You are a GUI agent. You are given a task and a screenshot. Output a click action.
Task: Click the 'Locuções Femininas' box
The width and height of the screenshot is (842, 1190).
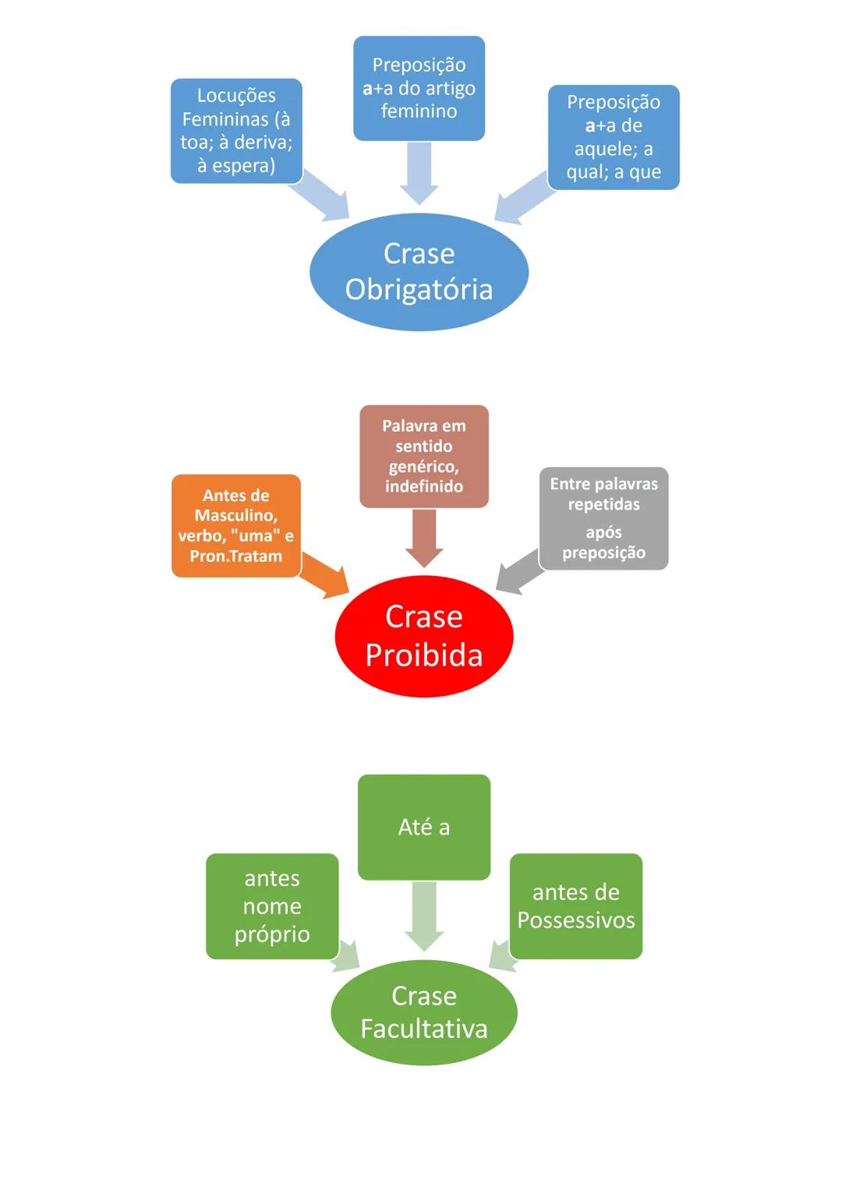pos(236,130)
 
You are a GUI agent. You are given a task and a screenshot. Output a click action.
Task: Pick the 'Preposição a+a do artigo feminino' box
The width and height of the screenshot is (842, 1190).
pos(419,88)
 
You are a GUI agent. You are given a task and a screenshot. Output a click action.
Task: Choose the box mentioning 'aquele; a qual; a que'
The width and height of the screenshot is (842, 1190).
pos(613,137)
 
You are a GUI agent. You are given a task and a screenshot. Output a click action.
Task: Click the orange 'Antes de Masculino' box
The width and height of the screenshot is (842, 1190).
pos(235,525)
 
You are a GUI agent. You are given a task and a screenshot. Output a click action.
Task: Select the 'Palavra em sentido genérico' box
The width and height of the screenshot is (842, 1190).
pos(423,456)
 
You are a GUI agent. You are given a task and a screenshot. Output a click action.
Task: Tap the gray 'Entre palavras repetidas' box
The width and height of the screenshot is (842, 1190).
pos(603,518)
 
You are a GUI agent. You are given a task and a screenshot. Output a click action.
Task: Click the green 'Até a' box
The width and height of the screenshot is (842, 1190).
pos(423,827)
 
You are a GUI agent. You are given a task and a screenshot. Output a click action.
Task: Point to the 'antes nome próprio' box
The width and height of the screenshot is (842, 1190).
pos(271,906)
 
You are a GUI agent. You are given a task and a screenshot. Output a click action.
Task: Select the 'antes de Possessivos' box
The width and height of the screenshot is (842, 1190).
pos(575,906)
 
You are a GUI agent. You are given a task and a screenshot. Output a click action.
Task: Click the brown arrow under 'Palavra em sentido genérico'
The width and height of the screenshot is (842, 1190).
pos(424,538)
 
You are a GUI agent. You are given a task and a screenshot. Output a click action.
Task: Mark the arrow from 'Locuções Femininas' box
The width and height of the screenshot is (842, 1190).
pos(323,195)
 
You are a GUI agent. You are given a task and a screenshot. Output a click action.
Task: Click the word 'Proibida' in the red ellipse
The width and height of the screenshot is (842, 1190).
pos(423,655)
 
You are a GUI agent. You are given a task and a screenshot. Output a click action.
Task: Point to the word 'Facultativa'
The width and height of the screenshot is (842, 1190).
pos(423,1029)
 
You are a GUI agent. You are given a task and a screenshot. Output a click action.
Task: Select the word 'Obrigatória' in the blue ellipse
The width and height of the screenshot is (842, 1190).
pos(419,289)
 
